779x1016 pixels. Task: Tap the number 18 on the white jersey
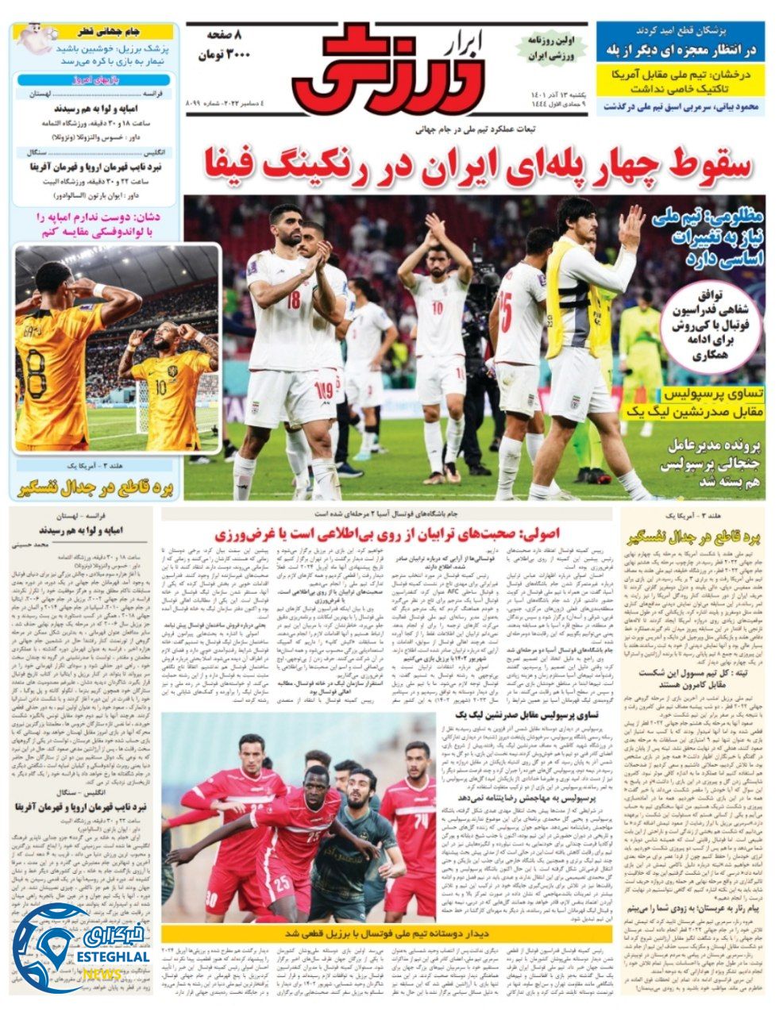(294, 301)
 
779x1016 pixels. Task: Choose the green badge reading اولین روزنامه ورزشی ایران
(550, 49)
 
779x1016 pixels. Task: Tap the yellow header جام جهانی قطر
(109, 32)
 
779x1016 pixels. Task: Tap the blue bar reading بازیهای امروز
(94, 79)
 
